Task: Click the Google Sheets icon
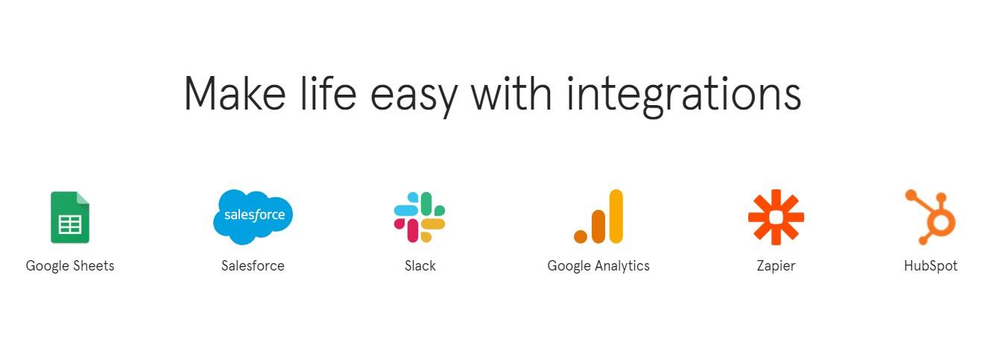coord(70,217)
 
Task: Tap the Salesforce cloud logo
coord(253,217)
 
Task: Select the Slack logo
coord(420,217)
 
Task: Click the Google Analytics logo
coord(598,217)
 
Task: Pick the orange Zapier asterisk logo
coord(776,217)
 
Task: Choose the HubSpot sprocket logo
coord(930,217)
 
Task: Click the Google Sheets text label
coord(70,266)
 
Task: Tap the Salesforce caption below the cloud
coord(253,266)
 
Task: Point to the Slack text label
coord(420,266)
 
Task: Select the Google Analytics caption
coord(598,266)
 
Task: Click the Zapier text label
coord(776,266)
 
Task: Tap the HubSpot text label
coord(931,266)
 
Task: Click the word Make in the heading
coord(235,93)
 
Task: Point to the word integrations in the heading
coord(683,96)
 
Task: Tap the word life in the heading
coord(328,93)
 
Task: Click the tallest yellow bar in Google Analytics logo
coord(616,217)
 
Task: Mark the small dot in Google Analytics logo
coord(581,236)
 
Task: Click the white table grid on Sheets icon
coord(70,224)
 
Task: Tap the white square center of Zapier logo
coord(776,217)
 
